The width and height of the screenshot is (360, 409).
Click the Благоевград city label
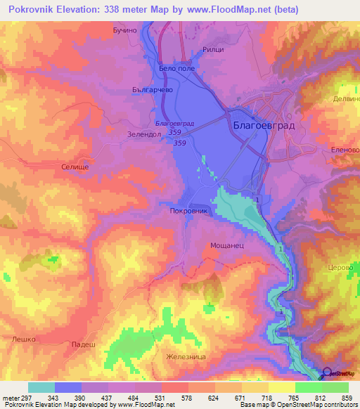pos(261,125)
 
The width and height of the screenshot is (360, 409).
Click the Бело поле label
pos(177,68)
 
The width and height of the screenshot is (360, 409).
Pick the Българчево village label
pos(132,90)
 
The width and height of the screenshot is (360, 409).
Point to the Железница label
pos(185,356)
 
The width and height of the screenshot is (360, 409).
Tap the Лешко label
pos(23,339)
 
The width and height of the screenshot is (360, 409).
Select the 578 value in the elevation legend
pos(186,398)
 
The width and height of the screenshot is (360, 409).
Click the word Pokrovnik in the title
pos(39,9)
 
